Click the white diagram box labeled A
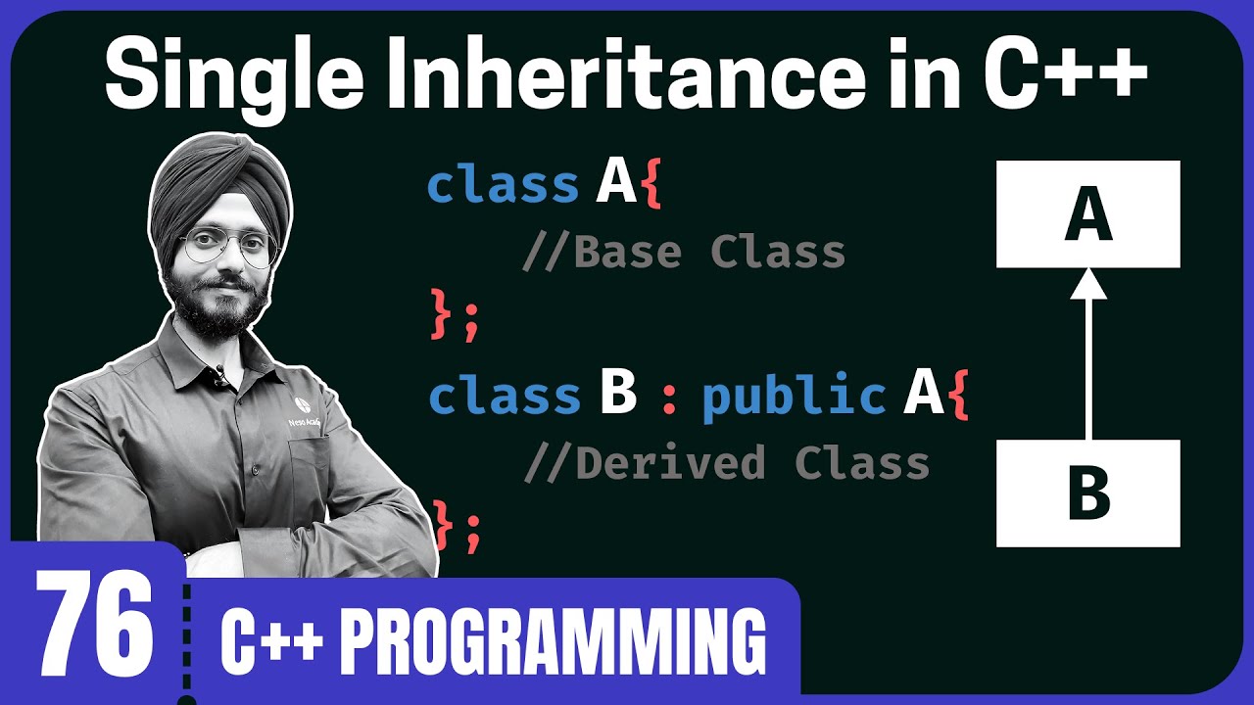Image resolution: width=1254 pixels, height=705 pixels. (x=1087, y=214)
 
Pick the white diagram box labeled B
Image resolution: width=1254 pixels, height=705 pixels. (x=1087, y=493)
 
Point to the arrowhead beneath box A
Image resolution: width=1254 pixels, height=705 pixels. (x=1088, y=283)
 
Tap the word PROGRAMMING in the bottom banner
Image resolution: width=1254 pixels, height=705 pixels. (x=555, y=642)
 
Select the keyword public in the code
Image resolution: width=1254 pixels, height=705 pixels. (x=795, y=395)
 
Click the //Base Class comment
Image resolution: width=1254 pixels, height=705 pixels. (x=683, y=253)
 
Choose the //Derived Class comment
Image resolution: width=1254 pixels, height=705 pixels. (x=726, y=462)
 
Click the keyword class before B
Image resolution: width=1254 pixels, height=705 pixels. (x=505, y=395)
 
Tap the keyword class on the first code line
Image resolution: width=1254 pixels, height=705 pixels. (x=504, y=184)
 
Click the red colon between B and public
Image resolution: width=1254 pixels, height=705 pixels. (x=670, y=398)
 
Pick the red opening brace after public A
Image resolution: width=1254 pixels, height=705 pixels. (x=957, y=396)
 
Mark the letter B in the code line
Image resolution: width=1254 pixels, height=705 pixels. (x=617, y=394)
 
